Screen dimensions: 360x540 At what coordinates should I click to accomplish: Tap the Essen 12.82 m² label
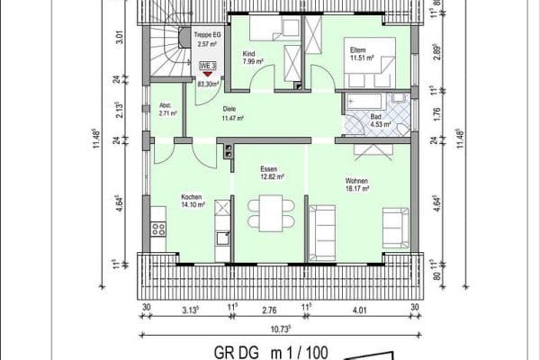point(271,173)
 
